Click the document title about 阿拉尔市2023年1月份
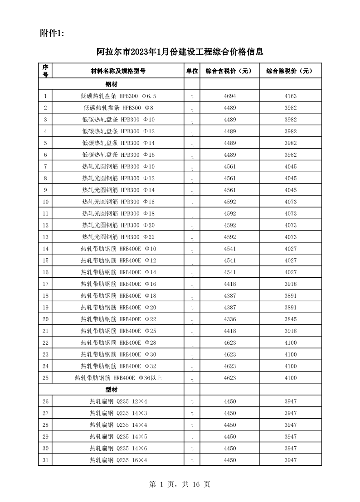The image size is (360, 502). [x=180, y=52]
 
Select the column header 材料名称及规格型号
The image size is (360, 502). [x=118, y=71]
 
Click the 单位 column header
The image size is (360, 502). [x=192, y=71]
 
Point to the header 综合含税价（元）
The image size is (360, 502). [x=229, y=71]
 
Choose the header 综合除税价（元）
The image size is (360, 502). [x=290, y=71]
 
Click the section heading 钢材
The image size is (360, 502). [x=112, y=84]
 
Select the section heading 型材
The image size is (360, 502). [x=112, y=390]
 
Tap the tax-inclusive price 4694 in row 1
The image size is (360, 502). [x=230, y=96]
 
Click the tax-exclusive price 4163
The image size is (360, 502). [x=291, y=96]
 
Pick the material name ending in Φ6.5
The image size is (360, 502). [x=118, y=96]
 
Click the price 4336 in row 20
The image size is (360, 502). [x=230, y=319]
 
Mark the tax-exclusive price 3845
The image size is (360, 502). [x=291, y=319]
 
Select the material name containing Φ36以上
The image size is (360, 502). [x=118, y=378]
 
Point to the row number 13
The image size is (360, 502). [x=45, y=237]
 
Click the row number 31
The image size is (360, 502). [x=45, y=460]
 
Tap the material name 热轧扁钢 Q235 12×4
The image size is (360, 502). [x=118, y=401]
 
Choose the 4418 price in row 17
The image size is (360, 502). [x=230, y=284]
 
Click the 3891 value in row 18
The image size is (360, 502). [x=291, y=296]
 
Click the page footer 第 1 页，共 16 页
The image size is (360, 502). [x=180, y=485]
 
